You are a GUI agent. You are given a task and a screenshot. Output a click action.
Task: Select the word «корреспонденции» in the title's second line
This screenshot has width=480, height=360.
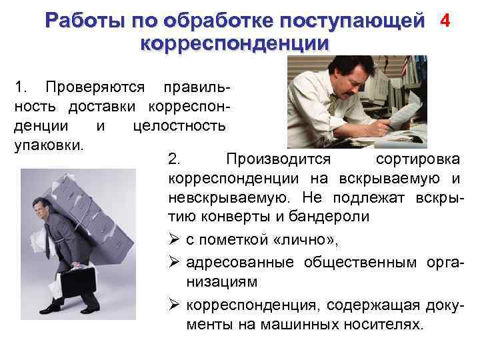point(235,44)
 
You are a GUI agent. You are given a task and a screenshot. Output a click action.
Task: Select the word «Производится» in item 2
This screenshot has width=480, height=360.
point(278,159)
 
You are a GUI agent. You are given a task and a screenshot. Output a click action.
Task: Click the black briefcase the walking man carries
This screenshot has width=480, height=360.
point(79,283)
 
